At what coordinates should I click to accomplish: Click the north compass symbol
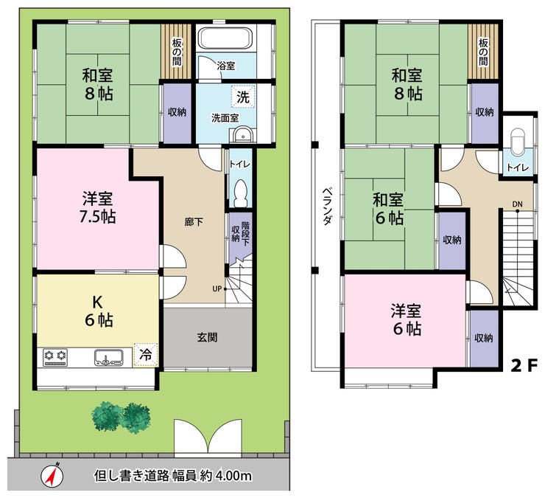click(52, 475)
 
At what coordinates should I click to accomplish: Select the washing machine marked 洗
click(243, 97)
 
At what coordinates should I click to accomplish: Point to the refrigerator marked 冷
click(146, 355)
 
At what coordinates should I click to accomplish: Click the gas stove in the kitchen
click(56, 358)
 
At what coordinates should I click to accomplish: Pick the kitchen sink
click(108, 358)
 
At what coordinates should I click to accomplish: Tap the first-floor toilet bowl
click(241, 193)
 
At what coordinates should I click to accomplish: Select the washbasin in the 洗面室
click(242, 134)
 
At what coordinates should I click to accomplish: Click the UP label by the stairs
click(217, 288)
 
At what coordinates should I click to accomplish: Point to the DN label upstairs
click(517, 204)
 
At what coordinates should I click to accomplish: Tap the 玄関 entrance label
click(208, 337)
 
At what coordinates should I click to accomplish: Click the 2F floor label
click(524, 365)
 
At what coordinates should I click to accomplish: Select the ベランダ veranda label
click(326, 206)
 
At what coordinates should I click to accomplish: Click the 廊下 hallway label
click(194, 222)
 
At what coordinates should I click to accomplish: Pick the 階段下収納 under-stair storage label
click(241, 232)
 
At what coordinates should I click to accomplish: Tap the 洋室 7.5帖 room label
click(97, 207)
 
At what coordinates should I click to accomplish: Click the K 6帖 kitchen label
click(99, 311)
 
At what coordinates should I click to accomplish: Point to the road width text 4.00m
click(233, 475)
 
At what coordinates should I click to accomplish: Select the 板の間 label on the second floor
click(483, 52)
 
